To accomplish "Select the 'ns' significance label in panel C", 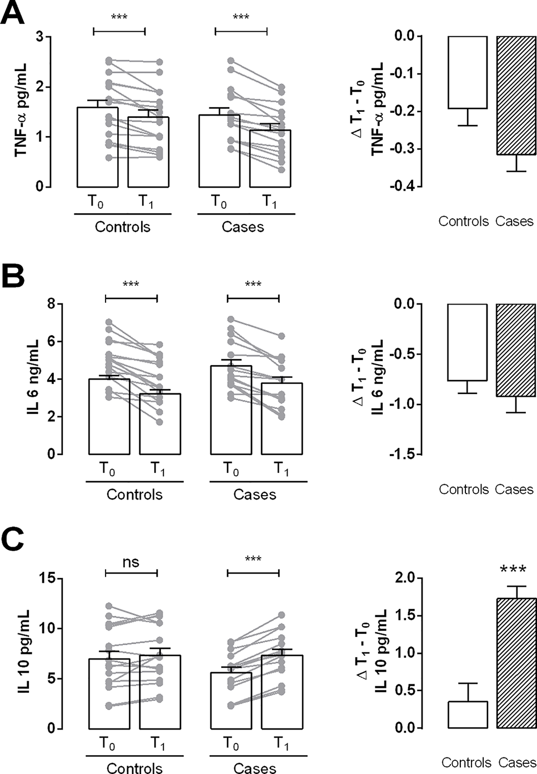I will coord(131,562).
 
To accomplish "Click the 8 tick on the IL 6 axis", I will coord(52,304).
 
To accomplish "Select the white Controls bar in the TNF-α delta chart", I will coord(468,72).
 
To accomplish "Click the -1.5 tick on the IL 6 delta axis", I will coord(403,455).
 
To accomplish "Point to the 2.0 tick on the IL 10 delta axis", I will coord(405,578).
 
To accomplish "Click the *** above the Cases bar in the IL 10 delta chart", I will coord(513,570).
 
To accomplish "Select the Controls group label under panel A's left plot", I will coord(122,227).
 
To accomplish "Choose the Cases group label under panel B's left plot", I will coord(255,495).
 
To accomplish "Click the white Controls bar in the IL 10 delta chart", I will coord(468,715).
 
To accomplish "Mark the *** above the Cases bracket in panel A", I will coord(240,17).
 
